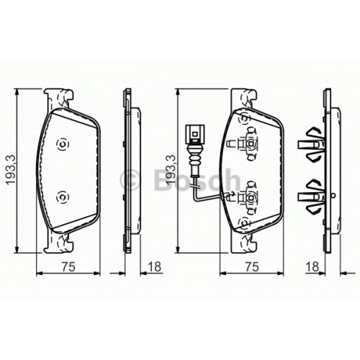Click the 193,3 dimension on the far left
pyautogui.click(x=11, y=170)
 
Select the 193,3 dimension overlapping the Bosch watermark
pyautogui.click(x=171, y=170)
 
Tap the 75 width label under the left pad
pyautogui.click(x=68, y=267)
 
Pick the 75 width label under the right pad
pyautogui.click(x=253, y=267)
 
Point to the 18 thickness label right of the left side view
pyautogui.click(x=154, y=267)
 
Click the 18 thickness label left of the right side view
pyautogui.click(x=312, y=267)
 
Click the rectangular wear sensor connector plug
pyautogui.click(x=194, y=132)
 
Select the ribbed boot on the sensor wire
pyautogui.click(x=194, y=158)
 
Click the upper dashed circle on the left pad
pyautogui.click(x=63, y=145)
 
